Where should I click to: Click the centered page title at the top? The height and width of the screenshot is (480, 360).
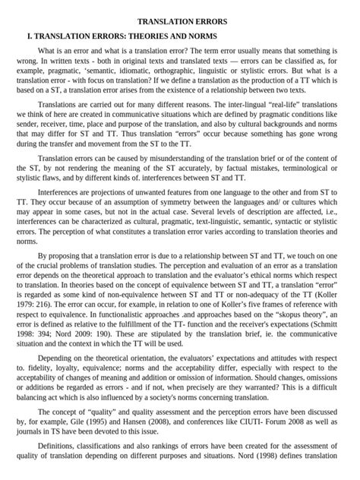point(181,22)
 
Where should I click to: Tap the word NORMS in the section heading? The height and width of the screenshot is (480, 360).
point(199,36)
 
